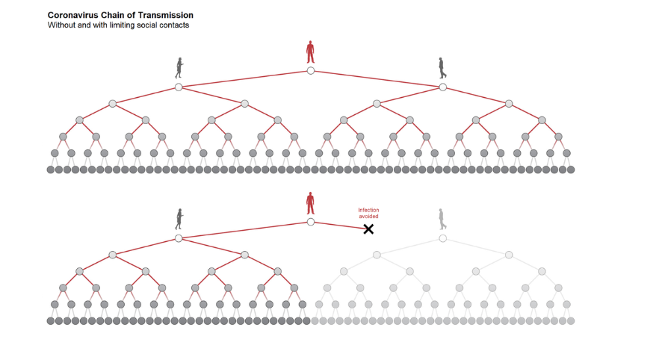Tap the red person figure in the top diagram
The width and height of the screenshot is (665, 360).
click(x=310, y=52)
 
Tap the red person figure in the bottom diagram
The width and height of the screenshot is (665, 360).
click(x=310, y=203)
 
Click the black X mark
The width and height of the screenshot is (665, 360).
click(x=368, y=229)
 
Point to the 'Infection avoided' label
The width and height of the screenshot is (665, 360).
click(x=368, y=213)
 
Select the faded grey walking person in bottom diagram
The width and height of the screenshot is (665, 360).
click(x=442, y=219)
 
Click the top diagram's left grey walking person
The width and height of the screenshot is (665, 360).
click(x=179, y=68)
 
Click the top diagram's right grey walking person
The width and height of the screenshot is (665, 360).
click(x=442, y=68)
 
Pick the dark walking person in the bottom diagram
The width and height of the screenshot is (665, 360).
click(x=179, y=219)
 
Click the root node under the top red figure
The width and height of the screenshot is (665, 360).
click(x=310, y=71)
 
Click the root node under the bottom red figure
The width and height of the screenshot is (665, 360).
click(x=310, y=222)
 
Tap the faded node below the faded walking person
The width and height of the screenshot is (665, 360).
click(x=442, y=238)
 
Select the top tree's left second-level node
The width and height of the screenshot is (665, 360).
click(x=179, y=87)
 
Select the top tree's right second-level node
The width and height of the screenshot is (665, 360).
click(x=442, y=87)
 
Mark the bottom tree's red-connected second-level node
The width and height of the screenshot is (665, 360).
click(x=179, y=238)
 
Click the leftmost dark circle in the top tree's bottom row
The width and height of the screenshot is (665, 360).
click(x=51, y=170)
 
